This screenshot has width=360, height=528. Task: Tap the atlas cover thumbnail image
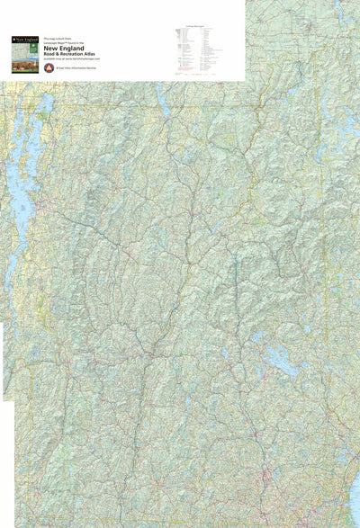point(24,54)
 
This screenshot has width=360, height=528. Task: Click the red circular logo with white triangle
point(48,67)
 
